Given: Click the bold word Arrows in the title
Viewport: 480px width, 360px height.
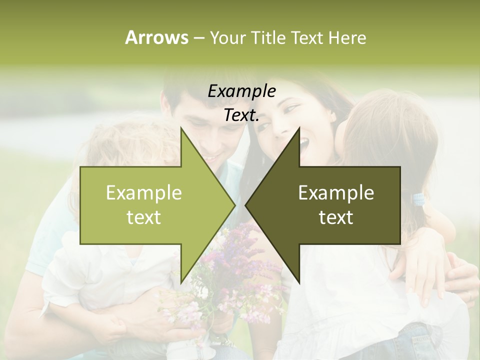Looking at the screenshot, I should (x=156, y=37).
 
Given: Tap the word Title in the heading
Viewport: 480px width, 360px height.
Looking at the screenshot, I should (x=267, y=37).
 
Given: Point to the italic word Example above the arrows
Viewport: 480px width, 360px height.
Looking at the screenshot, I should (x=241, y=91).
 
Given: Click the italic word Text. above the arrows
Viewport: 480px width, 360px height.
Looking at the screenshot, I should (x=241, y=115).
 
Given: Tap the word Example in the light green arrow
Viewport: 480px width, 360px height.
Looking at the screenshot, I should (x=143, y=192).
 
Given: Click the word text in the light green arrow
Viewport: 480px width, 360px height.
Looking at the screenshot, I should (x=143, y=217).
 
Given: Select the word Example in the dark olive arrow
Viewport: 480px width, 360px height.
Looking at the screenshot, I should (x=336, y=192).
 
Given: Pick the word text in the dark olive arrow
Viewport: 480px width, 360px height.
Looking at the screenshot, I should (x=336, y=217).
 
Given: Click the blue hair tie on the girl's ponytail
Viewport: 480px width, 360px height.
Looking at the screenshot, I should (x=418, y=199).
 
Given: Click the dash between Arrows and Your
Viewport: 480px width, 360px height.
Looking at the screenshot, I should (x=198, y=38).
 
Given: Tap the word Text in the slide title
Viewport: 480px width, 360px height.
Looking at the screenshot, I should (x=308, y=37).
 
